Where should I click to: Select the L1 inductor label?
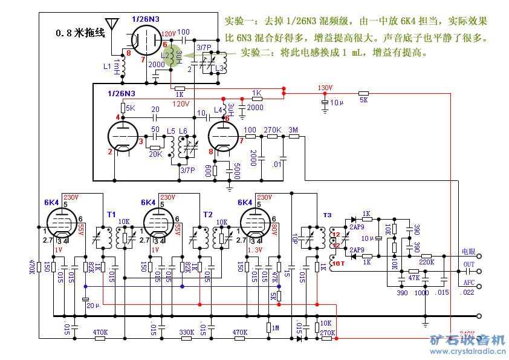pos(107,65)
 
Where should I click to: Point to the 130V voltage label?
pos(325,88)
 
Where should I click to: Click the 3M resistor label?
pos(293,130)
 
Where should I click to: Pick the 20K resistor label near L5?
pos(155,154)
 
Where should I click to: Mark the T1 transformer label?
pos(112,214)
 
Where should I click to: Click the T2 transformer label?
pos(208,214)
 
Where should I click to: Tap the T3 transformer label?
pos(327,215)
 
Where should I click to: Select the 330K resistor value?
pos(187,332)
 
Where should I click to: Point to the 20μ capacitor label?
pos(91,306)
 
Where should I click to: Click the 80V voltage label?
pos(275,231)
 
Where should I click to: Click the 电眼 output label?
pos(468,251)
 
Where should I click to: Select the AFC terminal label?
pos(468,283)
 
